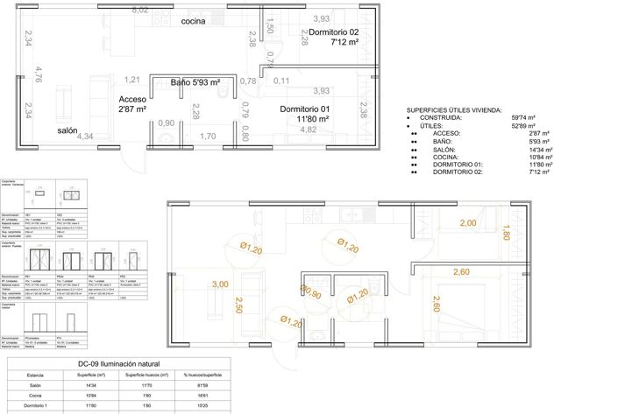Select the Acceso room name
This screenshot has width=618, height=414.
coord(132,100)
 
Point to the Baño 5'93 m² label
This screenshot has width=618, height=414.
coord(194,83)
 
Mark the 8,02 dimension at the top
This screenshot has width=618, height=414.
coord(139,10)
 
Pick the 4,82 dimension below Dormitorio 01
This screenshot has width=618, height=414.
coord(309,130)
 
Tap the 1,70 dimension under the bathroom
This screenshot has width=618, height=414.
coord(208,137)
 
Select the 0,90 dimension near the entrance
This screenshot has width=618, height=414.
coord(166,123)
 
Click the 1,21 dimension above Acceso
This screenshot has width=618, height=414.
coord(132,80)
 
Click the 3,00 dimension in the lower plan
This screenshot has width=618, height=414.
coord(220,284)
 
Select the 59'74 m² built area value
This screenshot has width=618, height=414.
coord(523,118)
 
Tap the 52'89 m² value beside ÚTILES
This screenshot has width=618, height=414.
coord(523,126)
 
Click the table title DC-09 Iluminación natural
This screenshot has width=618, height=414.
coord(117,363)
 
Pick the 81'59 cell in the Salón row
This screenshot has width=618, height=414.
coord(202,385)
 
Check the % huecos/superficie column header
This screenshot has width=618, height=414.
coord(202,375)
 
